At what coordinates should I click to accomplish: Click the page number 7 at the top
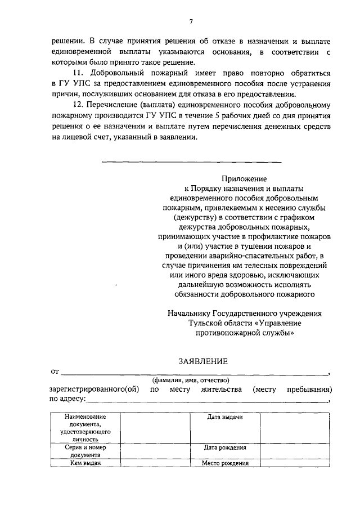191,21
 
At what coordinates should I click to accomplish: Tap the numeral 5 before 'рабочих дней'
217,117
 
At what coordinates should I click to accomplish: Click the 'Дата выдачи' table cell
224,418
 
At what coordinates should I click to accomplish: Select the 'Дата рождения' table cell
224,448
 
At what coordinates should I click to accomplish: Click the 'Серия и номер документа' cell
85,451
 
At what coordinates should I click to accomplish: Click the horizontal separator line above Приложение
191,163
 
